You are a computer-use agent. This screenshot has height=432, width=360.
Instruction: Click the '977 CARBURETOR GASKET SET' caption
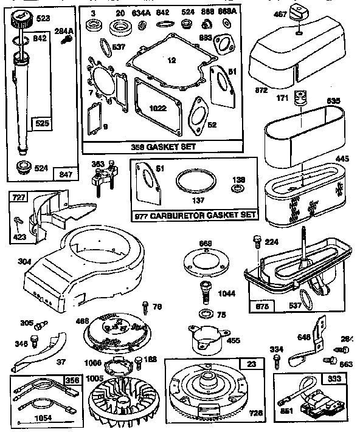(x=194, y=214)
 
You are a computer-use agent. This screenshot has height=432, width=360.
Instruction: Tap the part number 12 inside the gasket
(x=171, y=60)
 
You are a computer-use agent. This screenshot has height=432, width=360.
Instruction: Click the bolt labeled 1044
(x=204, y=290)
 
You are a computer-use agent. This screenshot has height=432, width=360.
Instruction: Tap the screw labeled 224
(x=255, y=241)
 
